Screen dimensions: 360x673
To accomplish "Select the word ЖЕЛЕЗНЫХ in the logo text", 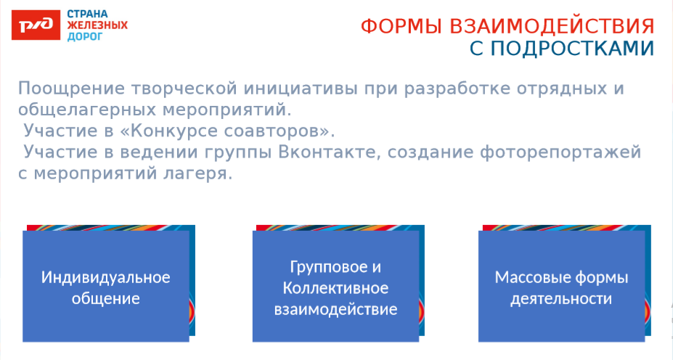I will coord(97,25).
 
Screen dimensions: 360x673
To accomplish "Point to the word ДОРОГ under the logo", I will coord(85,36).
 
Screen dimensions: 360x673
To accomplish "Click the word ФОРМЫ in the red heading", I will coord(401,27).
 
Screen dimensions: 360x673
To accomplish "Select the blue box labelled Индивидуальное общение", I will coord(106,286).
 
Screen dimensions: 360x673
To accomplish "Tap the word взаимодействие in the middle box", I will coord(335,309).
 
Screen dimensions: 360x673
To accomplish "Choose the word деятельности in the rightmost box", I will coord(561,299).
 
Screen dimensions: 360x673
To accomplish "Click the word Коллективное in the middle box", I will coord(335,287).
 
